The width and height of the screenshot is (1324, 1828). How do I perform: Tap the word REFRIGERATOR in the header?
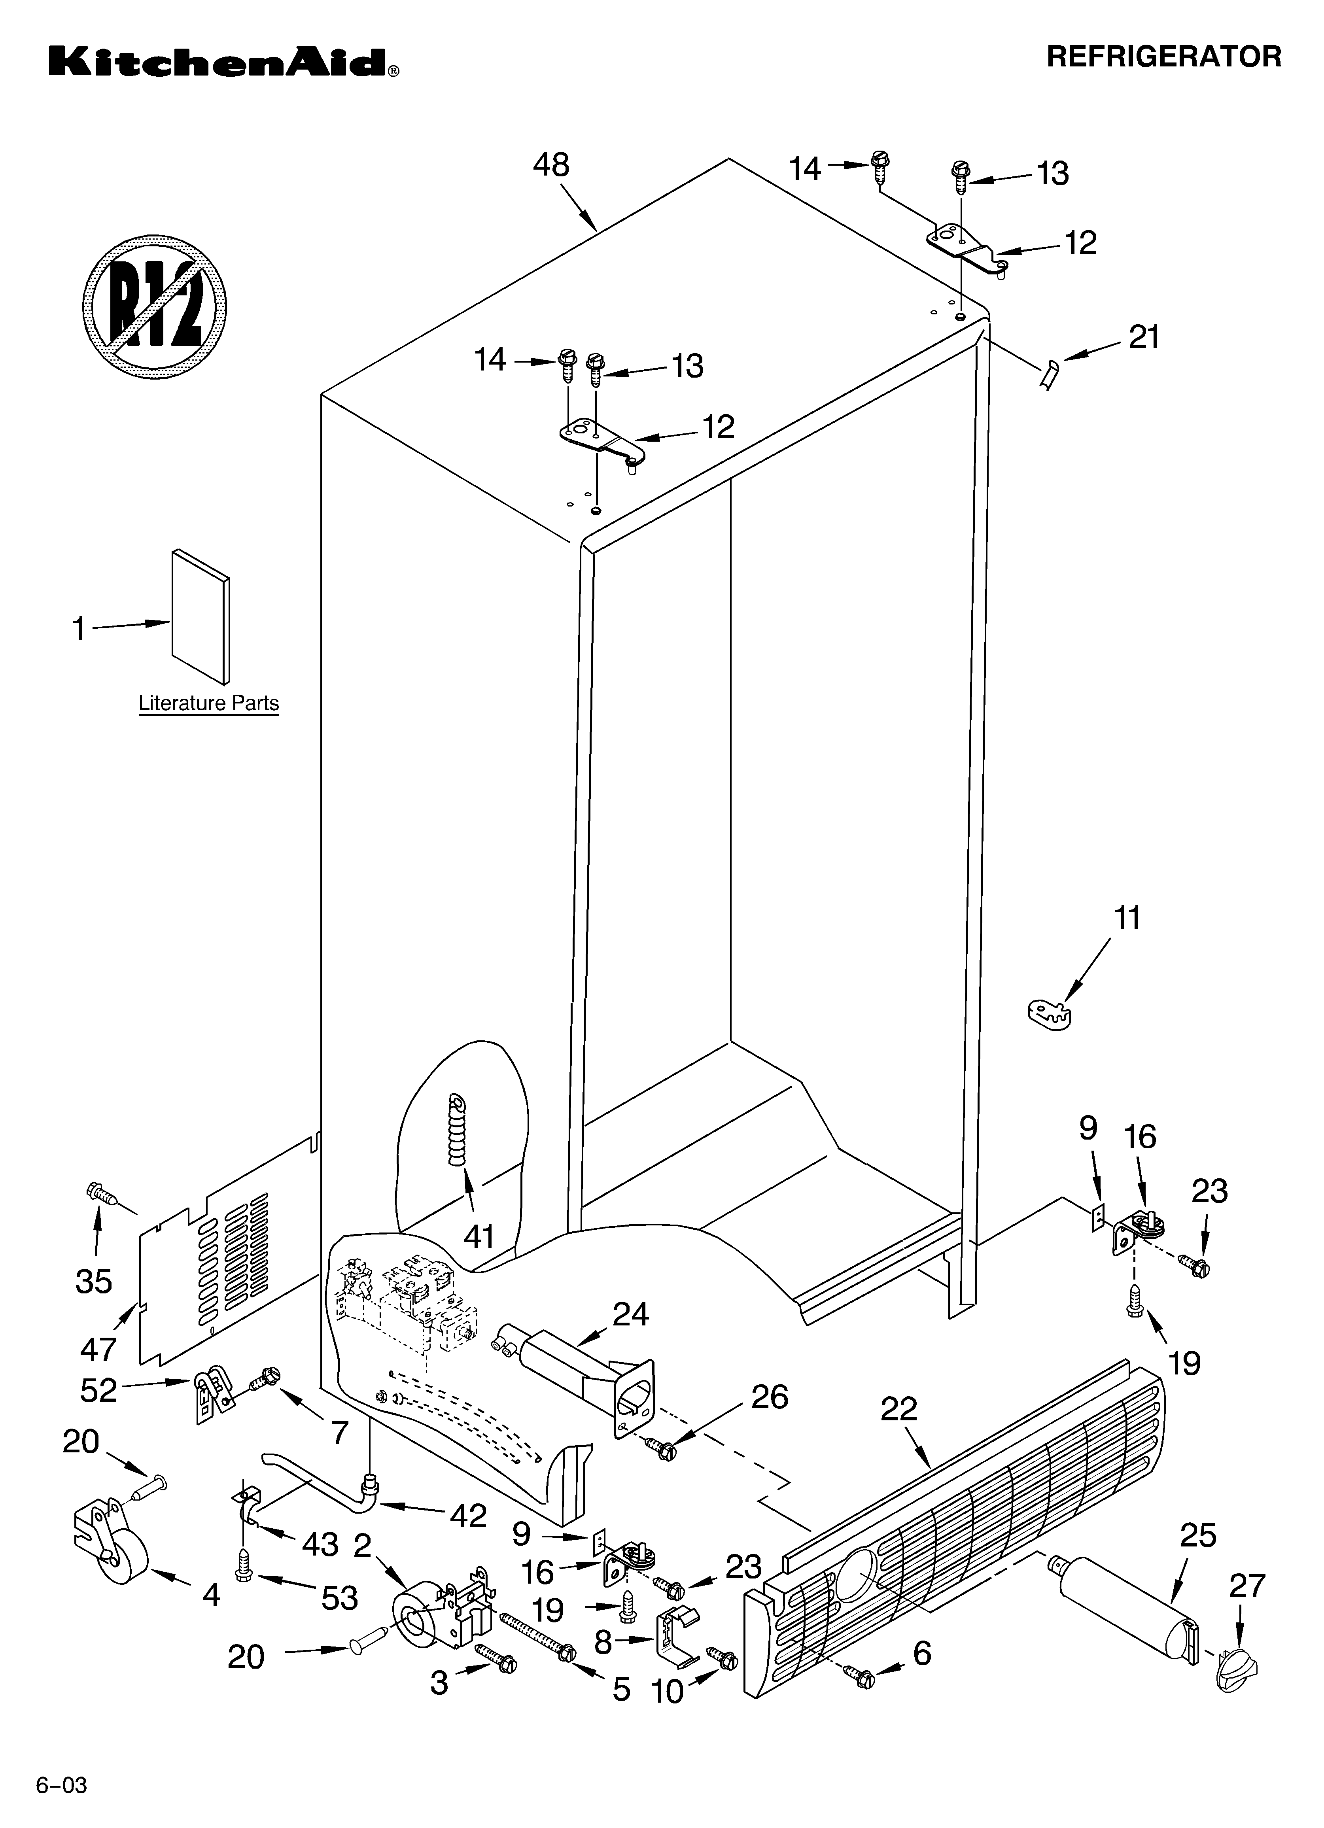coord(1163,57)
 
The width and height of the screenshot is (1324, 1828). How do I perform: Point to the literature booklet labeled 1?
coord(200,616)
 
